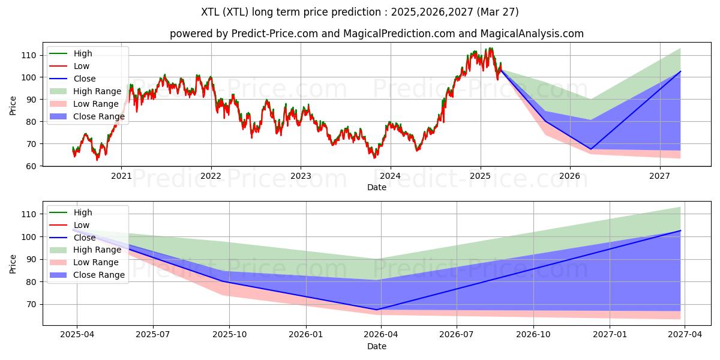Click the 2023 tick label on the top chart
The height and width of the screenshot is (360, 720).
(301, 176)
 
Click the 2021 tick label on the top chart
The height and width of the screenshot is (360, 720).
(121, 176)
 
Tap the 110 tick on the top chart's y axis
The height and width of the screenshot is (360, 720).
(30, 55)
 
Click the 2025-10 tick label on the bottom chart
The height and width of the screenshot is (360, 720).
(229, 335)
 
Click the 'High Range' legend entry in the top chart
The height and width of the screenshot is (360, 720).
(98, 91)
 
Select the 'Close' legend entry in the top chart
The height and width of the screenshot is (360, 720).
(84, 79)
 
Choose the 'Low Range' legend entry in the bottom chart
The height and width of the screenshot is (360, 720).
(96, 262)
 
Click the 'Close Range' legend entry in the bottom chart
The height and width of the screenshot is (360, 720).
(98, 275)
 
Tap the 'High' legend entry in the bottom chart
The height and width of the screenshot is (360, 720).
(83, 212)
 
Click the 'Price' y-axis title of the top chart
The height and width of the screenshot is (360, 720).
(13, 106)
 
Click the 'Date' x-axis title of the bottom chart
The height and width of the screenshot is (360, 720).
(377, 346)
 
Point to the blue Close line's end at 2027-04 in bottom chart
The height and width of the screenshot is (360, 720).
(680, 230)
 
